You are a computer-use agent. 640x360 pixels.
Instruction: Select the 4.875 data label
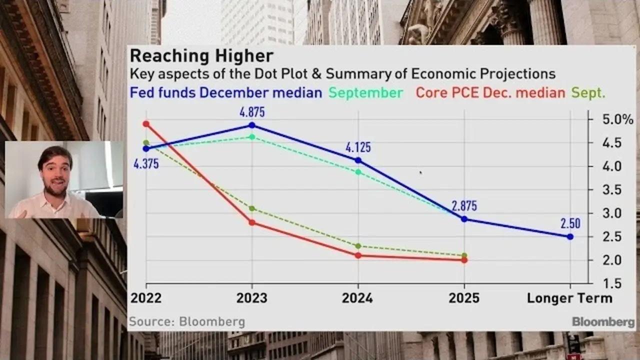click(252, 111)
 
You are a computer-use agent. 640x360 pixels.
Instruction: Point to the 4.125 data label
click(358, 147)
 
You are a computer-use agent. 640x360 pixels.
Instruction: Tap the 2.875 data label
click(464, 206)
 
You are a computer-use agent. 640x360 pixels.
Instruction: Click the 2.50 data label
click(570, 223)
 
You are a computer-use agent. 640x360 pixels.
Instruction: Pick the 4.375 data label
click(146, 163)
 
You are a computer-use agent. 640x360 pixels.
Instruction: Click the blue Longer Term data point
click(570, 236)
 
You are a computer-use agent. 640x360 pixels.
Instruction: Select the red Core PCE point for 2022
click(146, 123)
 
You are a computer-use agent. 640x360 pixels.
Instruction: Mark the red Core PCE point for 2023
click(252, 222)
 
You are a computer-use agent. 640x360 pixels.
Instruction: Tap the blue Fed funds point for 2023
click(252, 125)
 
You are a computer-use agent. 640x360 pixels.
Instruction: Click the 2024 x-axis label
click(357, 298)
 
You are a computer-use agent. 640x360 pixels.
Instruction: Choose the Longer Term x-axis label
click(569, 298)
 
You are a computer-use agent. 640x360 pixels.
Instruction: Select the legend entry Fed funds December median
click(226, 92)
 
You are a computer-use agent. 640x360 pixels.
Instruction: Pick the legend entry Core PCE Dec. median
click(490, 92)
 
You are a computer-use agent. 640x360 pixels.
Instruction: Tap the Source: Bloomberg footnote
click(187, 321)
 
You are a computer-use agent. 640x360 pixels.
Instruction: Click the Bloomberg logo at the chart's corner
click(603, 321)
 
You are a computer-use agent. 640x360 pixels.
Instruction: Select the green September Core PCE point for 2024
click(358, 246)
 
